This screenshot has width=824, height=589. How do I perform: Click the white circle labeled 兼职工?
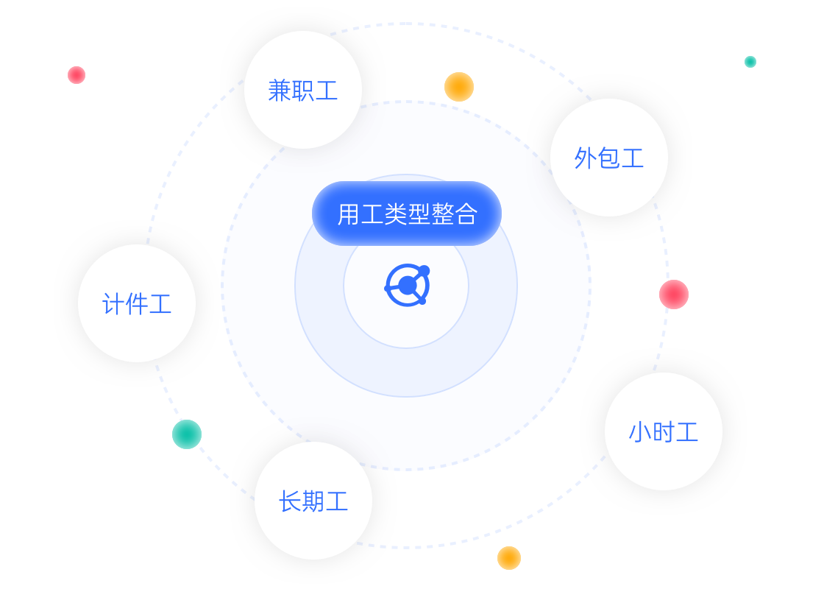302,90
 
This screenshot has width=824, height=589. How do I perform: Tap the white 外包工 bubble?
609,158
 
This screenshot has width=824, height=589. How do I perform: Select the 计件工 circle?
137,303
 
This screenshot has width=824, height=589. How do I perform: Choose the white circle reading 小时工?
664,431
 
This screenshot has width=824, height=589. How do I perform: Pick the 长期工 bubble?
313,501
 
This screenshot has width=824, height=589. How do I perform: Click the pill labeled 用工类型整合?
407,214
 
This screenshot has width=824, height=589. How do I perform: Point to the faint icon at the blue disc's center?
406,285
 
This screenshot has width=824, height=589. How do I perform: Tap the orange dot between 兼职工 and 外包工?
459,87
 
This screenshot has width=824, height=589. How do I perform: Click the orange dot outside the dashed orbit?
509,558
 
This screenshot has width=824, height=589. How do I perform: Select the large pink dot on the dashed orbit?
674,294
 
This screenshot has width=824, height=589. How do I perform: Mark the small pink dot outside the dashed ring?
77,75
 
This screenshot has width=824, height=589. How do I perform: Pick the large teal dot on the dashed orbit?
187,434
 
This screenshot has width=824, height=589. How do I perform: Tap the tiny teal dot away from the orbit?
750,62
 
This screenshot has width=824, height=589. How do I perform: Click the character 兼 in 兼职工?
280,91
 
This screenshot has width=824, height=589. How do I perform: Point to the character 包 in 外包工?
609,158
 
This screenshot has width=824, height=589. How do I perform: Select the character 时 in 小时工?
664,432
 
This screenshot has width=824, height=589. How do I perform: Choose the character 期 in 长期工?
313,501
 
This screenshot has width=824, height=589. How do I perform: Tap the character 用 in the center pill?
348,214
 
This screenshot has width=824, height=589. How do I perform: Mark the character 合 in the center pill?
466,214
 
